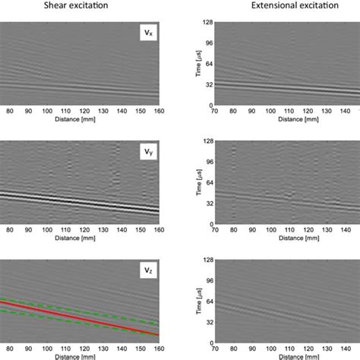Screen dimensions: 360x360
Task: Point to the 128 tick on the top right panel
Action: point(207,24)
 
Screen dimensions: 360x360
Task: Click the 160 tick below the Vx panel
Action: point(157,112)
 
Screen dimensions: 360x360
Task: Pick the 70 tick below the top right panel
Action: point(215,112)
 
